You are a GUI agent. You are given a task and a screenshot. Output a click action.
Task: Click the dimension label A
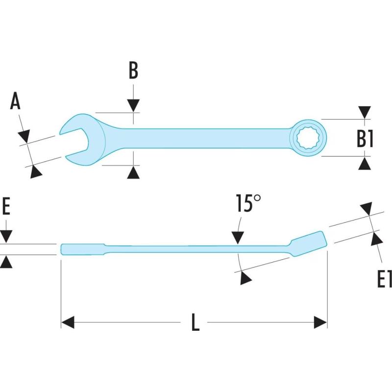pyautogui.click(x=16, y=102)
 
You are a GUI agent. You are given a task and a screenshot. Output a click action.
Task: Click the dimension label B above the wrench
pyautogui.click(x=133, y=71)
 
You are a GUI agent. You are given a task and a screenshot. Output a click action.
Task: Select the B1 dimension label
pyautogui.click(x=365, y=139)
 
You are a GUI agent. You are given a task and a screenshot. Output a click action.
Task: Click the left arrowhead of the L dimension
pyautogui.click(x=68, y=322)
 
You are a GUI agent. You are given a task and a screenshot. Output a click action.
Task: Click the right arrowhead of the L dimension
pyautogui.click(x=320, y=322)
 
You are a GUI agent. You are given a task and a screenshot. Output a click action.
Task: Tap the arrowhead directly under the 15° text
pyautogui.click(x=238, y=238)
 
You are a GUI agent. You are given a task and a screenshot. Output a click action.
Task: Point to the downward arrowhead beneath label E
pyautogui.click(x=6, y=237)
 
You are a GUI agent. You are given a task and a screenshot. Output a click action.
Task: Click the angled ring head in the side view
pyautogui.click(x=309, y=243)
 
